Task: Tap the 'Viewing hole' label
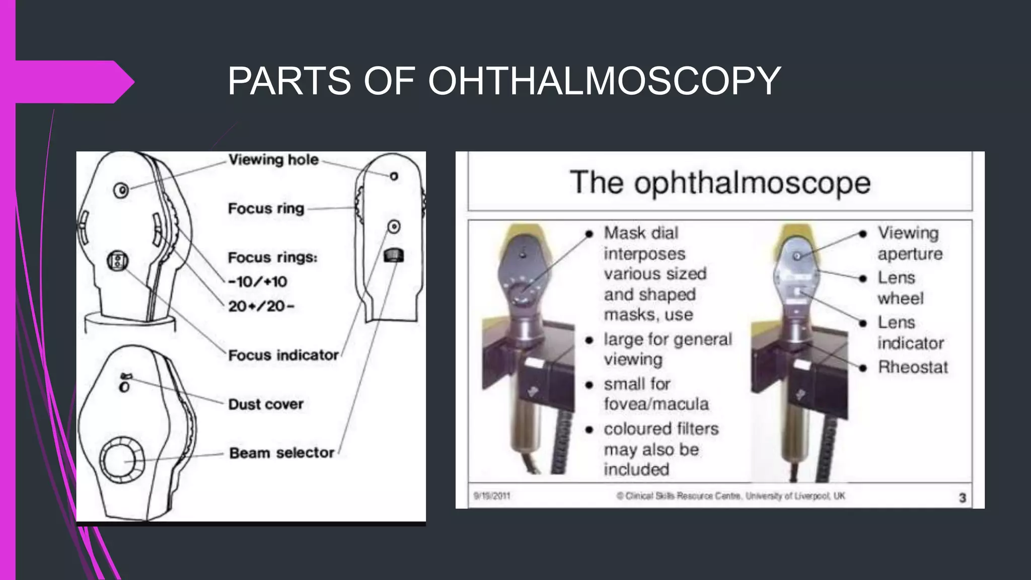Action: pos(273,160)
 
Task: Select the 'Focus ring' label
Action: pos(266,208)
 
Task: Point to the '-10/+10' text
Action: pos(257,281)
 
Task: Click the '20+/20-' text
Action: pos(261,306)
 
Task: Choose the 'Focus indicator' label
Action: pos(283,355)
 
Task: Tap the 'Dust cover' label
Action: pos(265,404)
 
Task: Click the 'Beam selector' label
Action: pos(281,453)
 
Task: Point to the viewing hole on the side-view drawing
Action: pos(394,176)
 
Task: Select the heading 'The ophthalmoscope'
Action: pos(720,182)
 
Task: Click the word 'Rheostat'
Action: pos(913,367)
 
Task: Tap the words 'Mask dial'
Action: pos(641,233)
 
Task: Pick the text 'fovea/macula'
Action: pos(656,404)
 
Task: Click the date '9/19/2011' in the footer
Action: pos(492,496)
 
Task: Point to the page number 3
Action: pos(962,497)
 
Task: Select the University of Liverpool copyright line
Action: pos(730,496)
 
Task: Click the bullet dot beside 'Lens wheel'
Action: pos(863,278)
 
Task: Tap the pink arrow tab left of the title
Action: pos(70,82)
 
